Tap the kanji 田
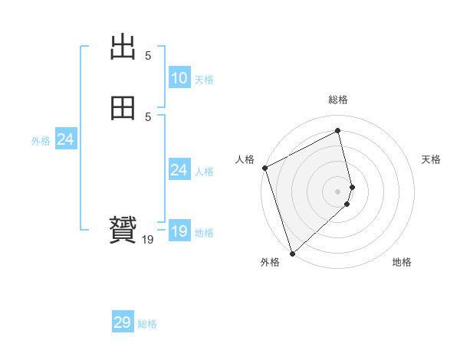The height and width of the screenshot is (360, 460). (x=123, y=110)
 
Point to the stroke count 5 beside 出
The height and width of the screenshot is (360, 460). (x=148, y=56)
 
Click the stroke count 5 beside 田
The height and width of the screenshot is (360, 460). (x=148, y=116)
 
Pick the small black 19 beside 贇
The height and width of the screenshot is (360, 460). (x=148, y=240)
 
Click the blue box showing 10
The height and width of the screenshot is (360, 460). (x=179, y=78)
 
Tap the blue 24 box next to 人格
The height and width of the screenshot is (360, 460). (x=179, y=170)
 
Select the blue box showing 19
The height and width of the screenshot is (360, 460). (x=179, y=231)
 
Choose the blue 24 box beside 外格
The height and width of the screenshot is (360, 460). (x=65, y=139)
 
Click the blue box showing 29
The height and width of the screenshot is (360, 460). (x=123, y=322)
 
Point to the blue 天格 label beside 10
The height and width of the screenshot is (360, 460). (x=203, y=80)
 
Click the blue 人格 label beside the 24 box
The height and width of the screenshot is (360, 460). (x=204, y=172)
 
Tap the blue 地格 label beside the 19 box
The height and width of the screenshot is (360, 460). (x=204, y=233)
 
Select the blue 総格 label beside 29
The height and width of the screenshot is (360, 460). (x=147, y=324)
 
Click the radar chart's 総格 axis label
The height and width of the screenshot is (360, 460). (x=338, y=100)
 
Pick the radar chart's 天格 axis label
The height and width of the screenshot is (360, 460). (x=432, y=159)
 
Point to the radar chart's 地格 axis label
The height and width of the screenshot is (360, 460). (x=402, y=262)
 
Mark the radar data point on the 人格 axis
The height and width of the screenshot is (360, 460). (x=264, y=168)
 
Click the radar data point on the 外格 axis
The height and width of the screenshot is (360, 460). (x=291, y=253)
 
